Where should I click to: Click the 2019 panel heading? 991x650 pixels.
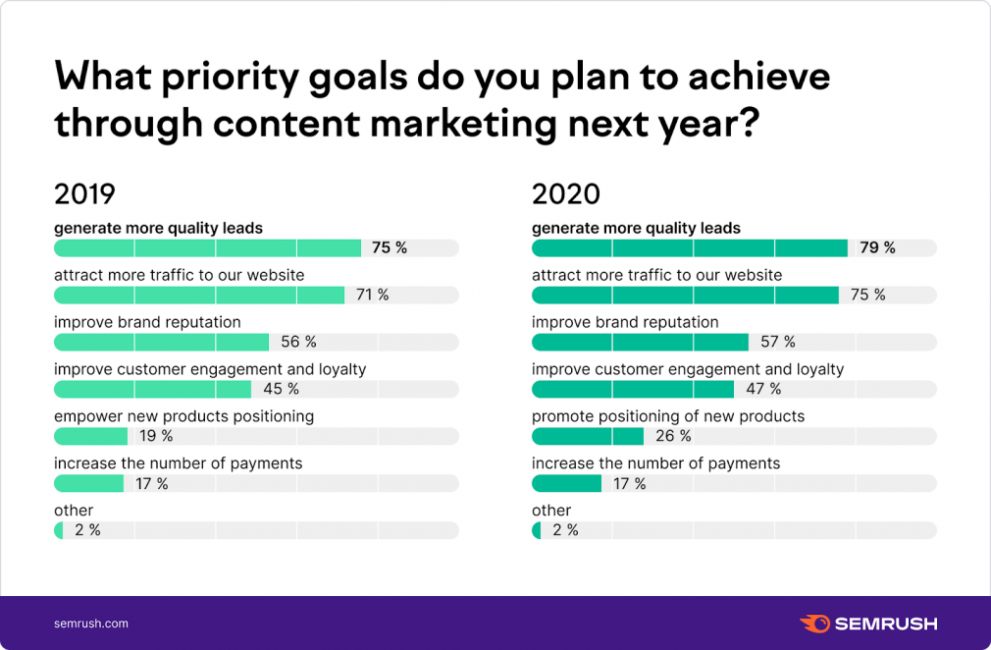[x=84, y=193]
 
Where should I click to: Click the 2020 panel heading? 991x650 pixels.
[x=565, y=193]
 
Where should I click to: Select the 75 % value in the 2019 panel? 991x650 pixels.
[x=389, y=247]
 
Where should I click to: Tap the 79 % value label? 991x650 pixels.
[x=877, y=247]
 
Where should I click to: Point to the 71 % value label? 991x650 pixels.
[x=372, y=295]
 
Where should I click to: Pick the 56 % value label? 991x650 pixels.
[x=298, y=342]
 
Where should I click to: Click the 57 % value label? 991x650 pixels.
[x=777, y=342]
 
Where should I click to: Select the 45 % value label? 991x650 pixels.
[x=281, y=389]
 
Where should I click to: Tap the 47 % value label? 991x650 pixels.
[x=763, y=389]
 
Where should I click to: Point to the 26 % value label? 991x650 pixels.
[x=673, y=436]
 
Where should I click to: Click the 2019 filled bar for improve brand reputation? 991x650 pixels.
[x=161, y=342]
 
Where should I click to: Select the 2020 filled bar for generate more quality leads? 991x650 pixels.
[x=689, y=247]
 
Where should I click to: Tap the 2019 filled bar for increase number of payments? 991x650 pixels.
[x=88, y=483]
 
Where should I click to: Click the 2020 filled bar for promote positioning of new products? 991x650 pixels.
[x=587, y=436]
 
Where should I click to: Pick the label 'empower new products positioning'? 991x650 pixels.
[x=183, y=416]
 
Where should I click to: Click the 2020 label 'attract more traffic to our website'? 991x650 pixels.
[x=656, y=275]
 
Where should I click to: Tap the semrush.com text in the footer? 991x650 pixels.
[x=90, y=623]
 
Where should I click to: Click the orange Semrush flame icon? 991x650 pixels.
[x=814, y=623]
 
